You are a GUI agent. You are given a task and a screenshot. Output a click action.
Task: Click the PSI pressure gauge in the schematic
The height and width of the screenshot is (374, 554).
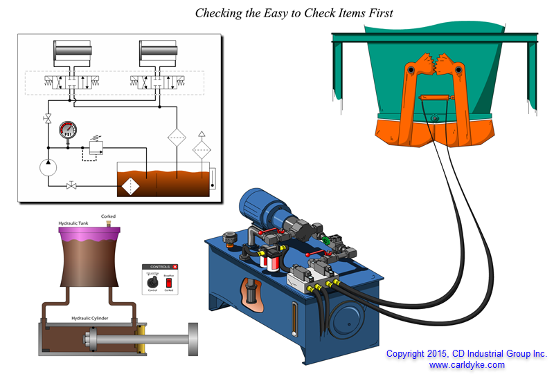coord(67,130)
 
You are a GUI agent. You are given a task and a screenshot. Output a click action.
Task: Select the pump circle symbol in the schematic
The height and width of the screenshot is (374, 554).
coord(48,169)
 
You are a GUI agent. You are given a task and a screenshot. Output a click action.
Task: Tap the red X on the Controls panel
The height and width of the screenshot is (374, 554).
coord(175,266)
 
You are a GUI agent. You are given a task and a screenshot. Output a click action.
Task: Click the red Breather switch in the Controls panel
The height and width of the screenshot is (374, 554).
coord(168,282)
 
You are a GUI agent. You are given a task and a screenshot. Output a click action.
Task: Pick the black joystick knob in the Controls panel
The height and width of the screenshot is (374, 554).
coord(153,281)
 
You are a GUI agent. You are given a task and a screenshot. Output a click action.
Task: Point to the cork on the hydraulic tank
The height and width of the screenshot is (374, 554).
coord(107,223)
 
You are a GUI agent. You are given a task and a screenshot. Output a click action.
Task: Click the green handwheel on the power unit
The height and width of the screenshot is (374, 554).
coord(326,241)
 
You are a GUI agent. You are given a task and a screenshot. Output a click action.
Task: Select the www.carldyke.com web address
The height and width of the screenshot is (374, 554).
coord(466,364)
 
